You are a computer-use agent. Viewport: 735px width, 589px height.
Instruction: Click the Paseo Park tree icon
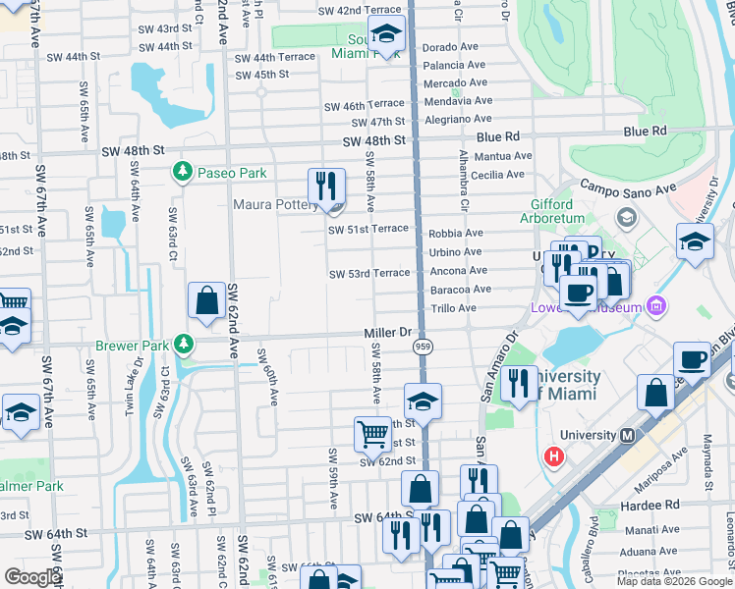[182, 172]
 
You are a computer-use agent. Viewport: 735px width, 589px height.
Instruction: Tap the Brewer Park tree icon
[183, 345]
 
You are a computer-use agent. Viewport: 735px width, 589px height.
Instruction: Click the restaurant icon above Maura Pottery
[326, 185]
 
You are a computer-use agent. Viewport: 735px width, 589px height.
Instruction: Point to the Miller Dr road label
[388, 334]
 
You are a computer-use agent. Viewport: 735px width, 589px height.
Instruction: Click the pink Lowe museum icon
[655, 308]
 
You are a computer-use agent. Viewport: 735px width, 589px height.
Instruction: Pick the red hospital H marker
[555, 456]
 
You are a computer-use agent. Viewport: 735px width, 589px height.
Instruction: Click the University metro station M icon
[627, 435]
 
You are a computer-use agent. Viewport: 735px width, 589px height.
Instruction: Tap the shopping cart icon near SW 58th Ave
[372, 433]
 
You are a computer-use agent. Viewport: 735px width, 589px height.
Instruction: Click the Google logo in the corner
[32, 577]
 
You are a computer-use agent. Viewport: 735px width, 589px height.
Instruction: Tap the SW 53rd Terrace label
[368, 273]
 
